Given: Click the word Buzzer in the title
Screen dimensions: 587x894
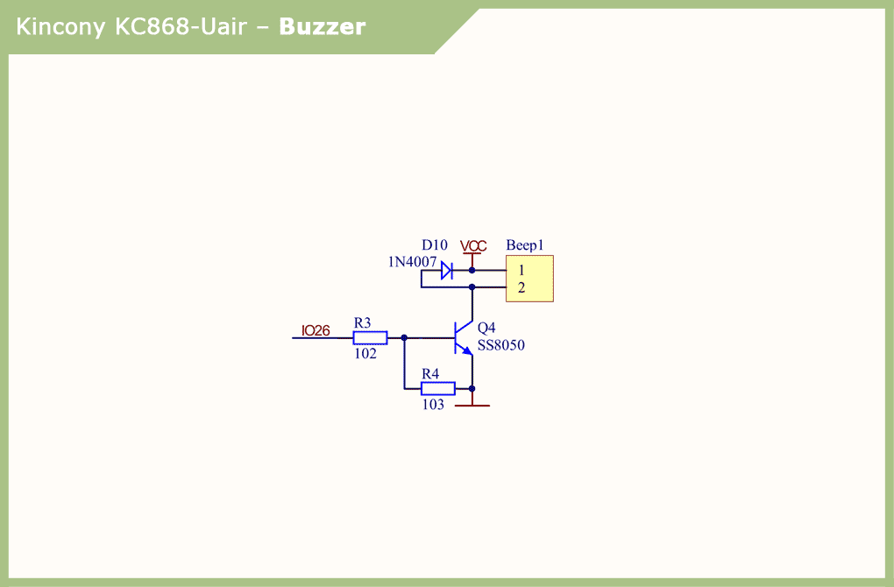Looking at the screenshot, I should click(322, 27).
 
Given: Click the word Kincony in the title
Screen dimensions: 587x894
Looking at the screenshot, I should click(61, 27).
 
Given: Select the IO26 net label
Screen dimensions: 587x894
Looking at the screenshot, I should click(316, 331).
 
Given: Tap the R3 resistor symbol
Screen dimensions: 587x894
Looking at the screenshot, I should click(370, 337).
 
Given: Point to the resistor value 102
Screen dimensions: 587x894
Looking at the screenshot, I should click(365, 354).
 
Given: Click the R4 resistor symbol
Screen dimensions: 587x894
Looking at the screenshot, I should click(437, 388).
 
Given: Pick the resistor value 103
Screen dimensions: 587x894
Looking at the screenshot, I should click(433, 405).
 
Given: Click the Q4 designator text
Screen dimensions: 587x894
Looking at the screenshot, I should click(486, 328).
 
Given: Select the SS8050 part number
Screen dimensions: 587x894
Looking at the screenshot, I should click(500, 345).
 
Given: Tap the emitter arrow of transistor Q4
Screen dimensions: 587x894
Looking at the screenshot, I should click(468, 350).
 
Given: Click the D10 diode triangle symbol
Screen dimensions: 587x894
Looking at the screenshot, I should click(446, 271).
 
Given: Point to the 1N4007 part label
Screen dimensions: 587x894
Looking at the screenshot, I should click(412, 262).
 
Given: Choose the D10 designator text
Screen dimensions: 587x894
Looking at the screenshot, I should click(434, 245).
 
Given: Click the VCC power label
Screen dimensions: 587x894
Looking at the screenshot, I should click(473, 246).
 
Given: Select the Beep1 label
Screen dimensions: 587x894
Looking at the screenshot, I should click(525, 245).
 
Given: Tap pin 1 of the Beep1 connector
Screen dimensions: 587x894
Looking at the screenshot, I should click(521, 271).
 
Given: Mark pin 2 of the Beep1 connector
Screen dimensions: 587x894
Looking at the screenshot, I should click(521, 287).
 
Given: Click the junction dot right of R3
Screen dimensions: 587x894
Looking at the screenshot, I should click(404, 337).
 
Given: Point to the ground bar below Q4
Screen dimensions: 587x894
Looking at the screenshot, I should click(472, 406).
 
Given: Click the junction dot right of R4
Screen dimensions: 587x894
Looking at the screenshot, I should click(472, 388).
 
